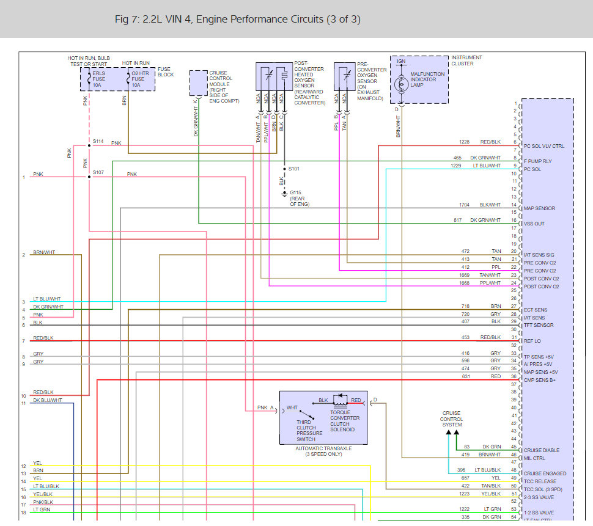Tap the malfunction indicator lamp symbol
[401, 84]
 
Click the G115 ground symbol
[284, 194]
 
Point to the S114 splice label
[98, 141]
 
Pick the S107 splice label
[98, 172]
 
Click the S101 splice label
[295, 168]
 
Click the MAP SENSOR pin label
[539, 208]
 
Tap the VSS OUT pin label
[534, 224]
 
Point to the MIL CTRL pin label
[535, 458]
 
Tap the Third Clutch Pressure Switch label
[306, 431]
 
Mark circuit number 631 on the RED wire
[466, 376]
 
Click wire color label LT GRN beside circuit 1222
[492, 509]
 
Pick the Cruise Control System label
[452, 419]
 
